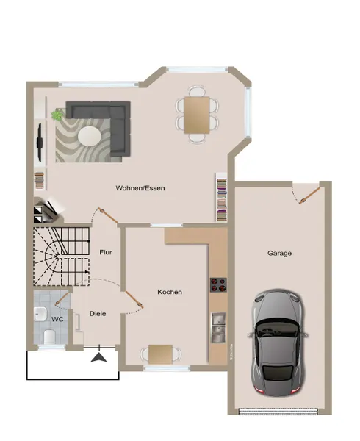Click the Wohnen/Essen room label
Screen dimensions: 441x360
[x=140, y=188]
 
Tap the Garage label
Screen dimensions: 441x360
[x=279, y=253]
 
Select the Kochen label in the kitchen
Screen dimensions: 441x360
[x=170, y=292]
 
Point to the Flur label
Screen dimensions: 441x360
[x=106, y=252]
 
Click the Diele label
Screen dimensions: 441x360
[x=98, y=313]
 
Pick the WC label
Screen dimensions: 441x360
[x=57, y=319]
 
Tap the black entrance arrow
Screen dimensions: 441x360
[x=98, y=357]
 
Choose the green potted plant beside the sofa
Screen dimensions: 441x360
[x=59, y=114]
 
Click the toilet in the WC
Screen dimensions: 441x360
[x=48, y=336]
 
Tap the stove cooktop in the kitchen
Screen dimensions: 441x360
[x=217, y=285]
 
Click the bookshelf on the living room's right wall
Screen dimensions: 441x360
[x=220, y=197]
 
